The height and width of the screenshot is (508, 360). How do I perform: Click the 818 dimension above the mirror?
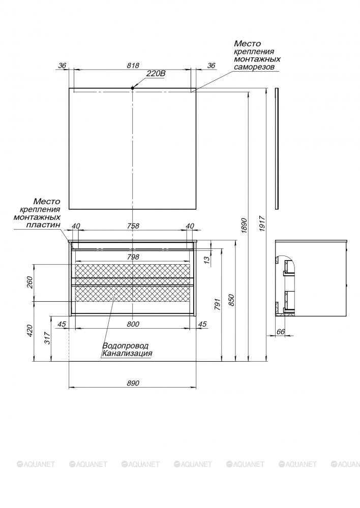(133, 66)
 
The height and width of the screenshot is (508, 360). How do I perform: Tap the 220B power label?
(156, 74)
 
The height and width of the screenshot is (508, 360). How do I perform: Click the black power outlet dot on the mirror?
(132, 87)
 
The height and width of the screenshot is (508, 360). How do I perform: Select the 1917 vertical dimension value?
(262, 224)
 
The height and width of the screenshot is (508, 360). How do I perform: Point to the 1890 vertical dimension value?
(245, 226)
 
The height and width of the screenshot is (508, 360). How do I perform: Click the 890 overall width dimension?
(133, 383)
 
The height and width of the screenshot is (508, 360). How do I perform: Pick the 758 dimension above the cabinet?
(133, 226)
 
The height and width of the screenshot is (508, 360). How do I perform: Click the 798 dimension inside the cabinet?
(133, 257)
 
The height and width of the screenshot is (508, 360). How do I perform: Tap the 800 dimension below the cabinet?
(133, 324)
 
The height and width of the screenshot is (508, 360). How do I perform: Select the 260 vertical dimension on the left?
(29, 281)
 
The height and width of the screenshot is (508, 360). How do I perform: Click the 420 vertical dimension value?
(29, 331)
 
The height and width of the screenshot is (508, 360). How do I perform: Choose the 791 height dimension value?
(217, 304)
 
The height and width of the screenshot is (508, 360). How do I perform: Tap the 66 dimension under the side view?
(281, 331)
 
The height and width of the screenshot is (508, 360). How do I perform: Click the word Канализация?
(127, 353)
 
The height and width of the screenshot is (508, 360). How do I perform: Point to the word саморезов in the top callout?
(254, 67)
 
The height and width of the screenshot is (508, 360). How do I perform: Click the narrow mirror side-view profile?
(276, 148)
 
